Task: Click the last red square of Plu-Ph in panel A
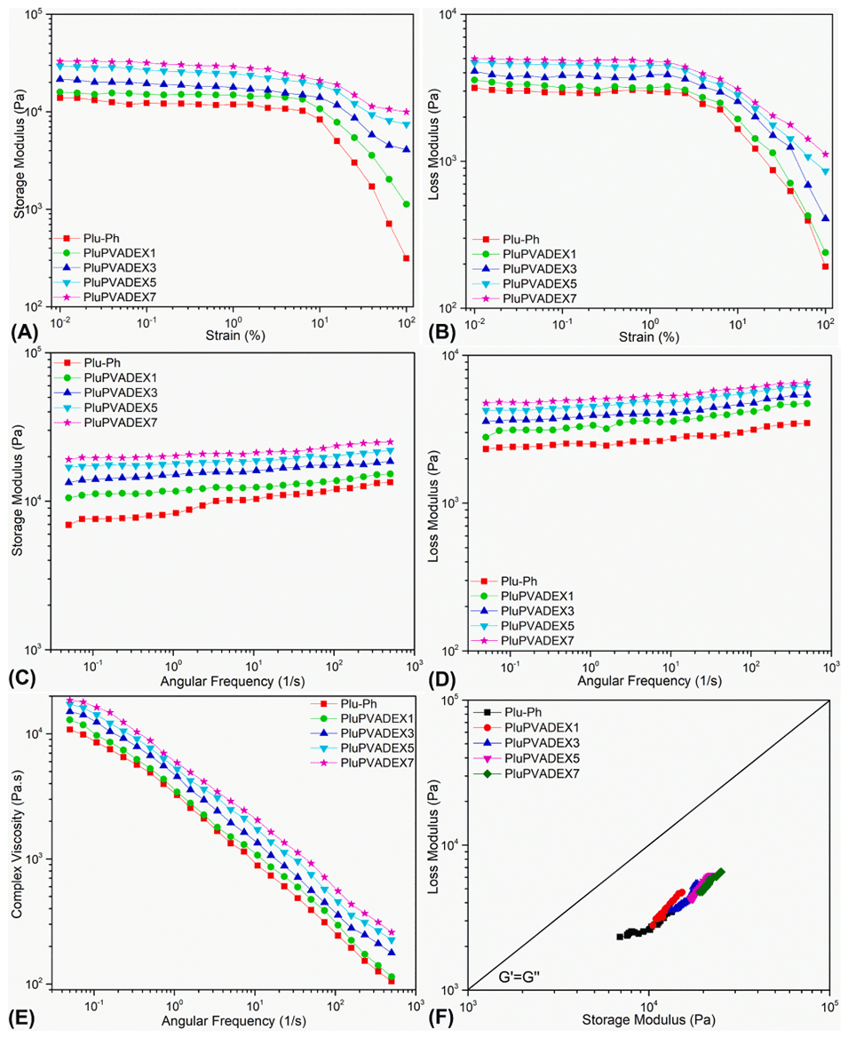click(x=406, y=258)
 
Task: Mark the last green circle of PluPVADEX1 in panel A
click(x=406, y=204)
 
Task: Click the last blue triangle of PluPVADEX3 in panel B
click(x=826, y=218)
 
